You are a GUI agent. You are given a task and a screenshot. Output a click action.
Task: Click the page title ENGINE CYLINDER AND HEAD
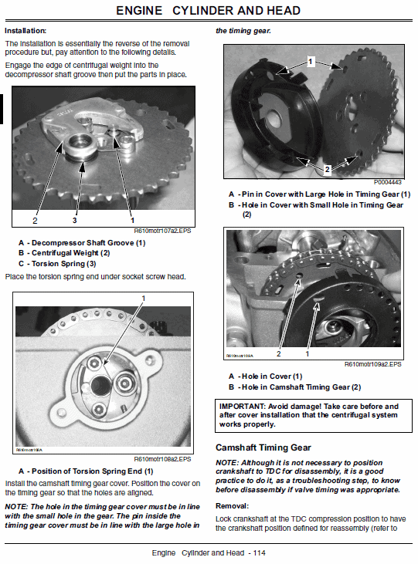(x=209, y=11)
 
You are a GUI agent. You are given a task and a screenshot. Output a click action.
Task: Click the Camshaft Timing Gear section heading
(x=263, y=447)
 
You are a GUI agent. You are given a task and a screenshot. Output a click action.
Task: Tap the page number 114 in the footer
(x=258, y=553)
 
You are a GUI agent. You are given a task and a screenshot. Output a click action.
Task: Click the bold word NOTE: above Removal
(x=229, y=461)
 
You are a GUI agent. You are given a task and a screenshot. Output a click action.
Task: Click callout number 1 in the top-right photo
(x=311, y=59)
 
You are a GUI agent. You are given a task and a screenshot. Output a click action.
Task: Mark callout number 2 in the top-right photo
(x=327, y=167)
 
